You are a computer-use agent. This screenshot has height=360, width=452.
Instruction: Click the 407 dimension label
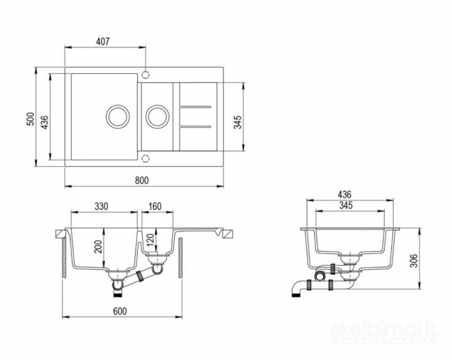103,42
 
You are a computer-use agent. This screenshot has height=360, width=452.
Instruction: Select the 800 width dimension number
142,180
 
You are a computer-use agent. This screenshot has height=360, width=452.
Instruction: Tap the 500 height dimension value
30,119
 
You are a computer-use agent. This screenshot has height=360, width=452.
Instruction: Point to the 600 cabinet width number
119,311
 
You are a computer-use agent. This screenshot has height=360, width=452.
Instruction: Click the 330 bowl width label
102,206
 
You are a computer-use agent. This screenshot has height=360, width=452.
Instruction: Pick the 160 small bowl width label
155,206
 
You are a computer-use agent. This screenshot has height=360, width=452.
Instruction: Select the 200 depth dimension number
99,247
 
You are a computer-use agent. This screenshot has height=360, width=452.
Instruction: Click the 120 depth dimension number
151,240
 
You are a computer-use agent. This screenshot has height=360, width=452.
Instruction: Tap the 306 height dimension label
414,260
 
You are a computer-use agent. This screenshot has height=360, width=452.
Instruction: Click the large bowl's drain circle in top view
117,116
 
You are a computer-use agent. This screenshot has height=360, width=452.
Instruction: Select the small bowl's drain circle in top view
157,116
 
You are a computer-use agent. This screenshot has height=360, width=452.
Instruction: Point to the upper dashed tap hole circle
146,75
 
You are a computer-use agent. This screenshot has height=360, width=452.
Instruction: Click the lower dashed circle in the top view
146,159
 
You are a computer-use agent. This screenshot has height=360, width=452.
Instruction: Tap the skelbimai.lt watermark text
383,330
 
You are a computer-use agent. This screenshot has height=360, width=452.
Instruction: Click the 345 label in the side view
346,205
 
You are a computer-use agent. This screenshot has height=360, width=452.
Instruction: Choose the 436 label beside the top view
44,122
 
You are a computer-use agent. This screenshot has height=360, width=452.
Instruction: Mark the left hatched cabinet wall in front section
64,258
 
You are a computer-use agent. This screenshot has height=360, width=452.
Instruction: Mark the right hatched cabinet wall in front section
180,258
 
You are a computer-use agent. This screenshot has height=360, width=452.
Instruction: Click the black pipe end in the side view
296,296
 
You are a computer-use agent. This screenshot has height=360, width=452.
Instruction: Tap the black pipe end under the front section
118,295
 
